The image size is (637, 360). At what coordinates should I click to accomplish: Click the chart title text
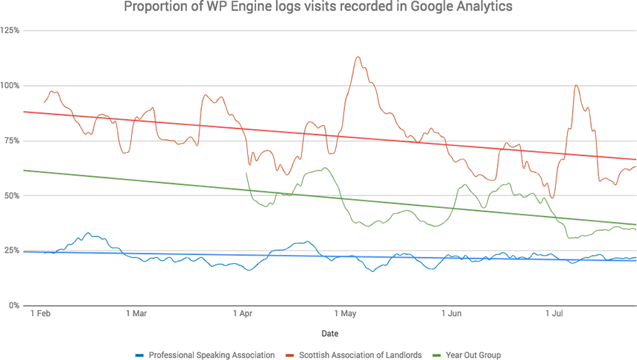[x=318, y=8]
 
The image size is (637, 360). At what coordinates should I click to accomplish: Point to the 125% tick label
[x=10, y=31]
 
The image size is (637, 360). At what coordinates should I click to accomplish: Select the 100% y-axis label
[x=10, y=86]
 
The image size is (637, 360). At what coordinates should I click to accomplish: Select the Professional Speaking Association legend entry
[x=206, y=355]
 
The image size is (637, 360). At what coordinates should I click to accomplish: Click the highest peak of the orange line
[x=358, y=57]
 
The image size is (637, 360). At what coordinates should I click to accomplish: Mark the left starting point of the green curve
[x=246, y=173]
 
